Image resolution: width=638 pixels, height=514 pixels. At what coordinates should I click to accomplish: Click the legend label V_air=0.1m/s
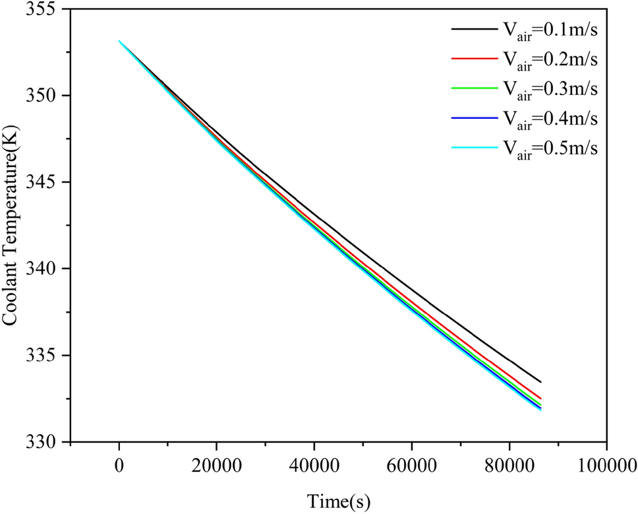[x=550, y=30]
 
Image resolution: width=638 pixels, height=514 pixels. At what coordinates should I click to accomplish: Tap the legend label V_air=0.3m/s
[x=550, y=89]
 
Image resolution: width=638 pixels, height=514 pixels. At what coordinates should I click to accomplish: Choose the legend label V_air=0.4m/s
[x=550, y=119]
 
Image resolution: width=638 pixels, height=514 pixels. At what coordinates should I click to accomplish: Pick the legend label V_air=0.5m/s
[x=550, y=148]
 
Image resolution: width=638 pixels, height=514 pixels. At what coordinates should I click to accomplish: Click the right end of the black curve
[x=540, y=381]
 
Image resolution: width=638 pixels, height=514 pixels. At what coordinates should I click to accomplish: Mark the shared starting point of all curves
[x=119, y=41]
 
